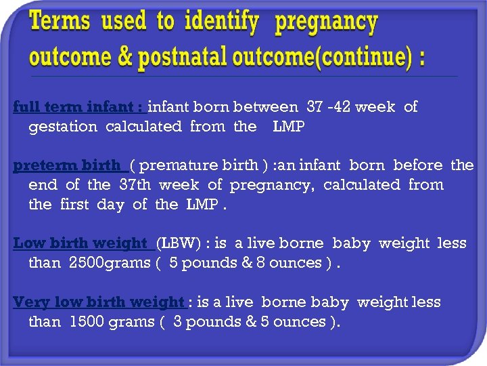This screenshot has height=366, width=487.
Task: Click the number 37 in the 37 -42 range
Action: pyautogui.click(x=315, y=106)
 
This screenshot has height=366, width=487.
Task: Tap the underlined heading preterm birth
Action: pyautogui.click(x=66, y=165)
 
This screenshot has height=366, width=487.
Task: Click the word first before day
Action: pyautogui.click(x=79, y=204)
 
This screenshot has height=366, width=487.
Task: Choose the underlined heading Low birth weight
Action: pyautogui.click(x=80, y=243)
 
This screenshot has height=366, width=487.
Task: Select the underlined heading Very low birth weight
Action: pyautogui.click(x=98, y=302)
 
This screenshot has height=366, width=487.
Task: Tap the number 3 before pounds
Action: pyautogui.click(x=177, y=321)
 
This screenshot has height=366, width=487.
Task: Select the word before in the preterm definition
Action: pyautogui.click(x=417, y=165)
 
